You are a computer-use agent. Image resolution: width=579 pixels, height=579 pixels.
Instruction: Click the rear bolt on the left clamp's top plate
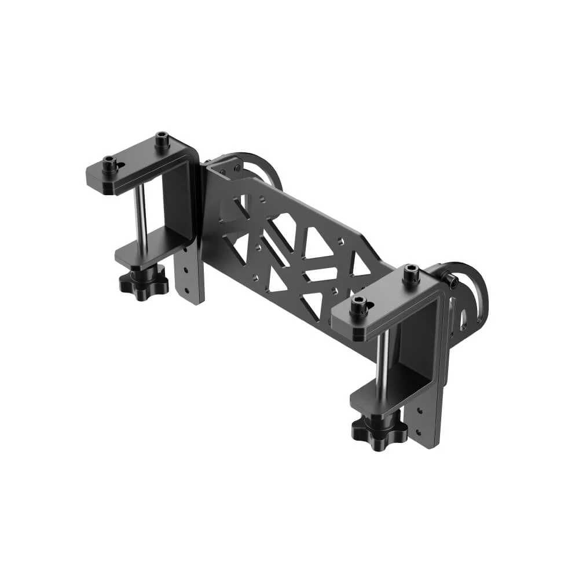[162, 140]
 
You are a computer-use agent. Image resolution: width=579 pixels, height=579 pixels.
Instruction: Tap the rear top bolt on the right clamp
[411, 273]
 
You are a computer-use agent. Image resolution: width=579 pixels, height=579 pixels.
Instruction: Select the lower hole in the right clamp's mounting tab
[418, 431]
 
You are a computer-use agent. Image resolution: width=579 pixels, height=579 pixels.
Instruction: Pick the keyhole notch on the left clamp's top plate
[120, 167]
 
